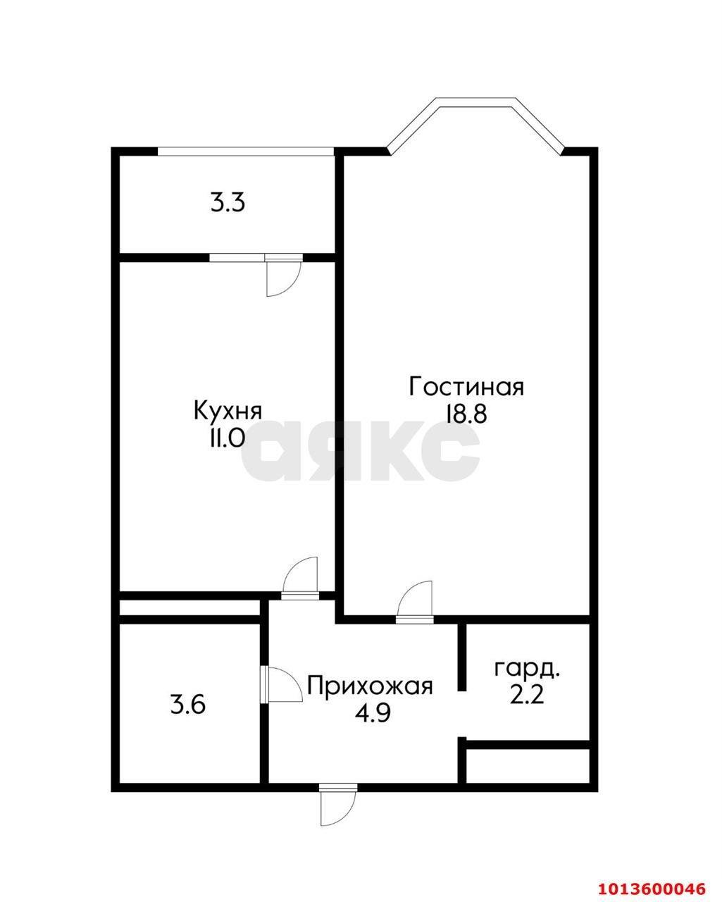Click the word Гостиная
coord(466,387)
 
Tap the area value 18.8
coord(466,414)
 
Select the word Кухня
coord(228,411)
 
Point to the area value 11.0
coord(225,438)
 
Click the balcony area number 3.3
coord(228,204)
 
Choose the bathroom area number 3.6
coord(188,704)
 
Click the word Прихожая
coord(370,685)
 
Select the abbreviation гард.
coord(528,669)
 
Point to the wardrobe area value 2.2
coord(527,696)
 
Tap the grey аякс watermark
coord(361,451)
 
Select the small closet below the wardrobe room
coord(528,765)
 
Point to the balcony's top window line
coord(245,150)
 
